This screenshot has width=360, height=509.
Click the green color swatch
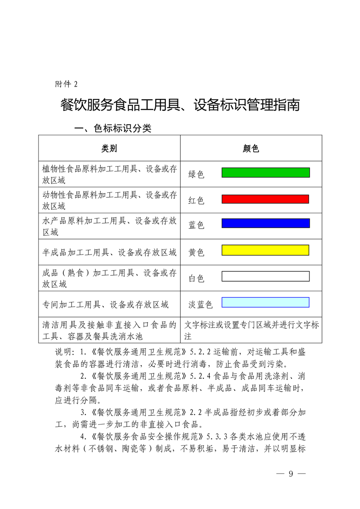pyautogui.click(x=266, y=172)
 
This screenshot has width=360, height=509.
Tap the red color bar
pyautogui.click(x=265, y=199)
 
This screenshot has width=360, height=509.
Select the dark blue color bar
pyautogui.click(x=266, y=223)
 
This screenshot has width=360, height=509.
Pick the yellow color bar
pyautogui.click(x=265, y=250)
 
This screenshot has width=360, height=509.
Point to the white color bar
pyautogui.click(x=266, y=276)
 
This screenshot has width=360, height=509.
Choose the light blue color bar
pyautogui.click(x=266, y=302)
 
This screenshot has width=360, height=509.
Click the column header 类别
pyautogui.click(x=109, y=148)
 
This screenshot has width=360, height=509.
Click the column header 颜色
pyautogui.click(x=251, y=148)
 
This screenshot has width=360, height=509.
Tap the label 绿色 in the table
pyautogui.click(x=197, y=174)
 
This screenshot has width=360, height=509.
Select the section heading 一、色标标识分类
pyautogui.click(x=113, y=129)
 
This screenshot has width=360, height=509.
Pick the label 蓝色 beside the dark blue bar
pyautogui.click(x=197, y=225)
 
